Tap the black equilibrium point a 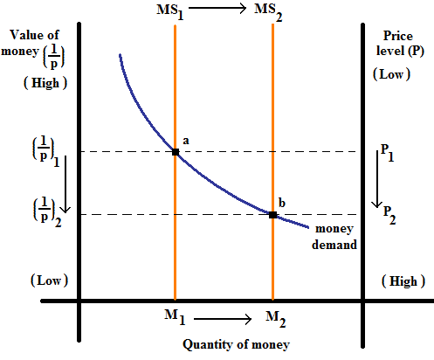[x=176, y=152]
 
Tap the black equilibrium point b [x=272, y=215]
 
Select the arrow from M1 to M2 [x=224, y=316]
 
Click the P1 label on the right [x=387, y=155]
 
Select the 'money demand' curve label [x=335, y=237]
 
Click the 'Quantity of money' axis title [x=236, y=344]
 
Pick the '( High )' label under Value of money [x=40, y=82]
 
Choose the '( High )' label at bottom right [x=403, y=281]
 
